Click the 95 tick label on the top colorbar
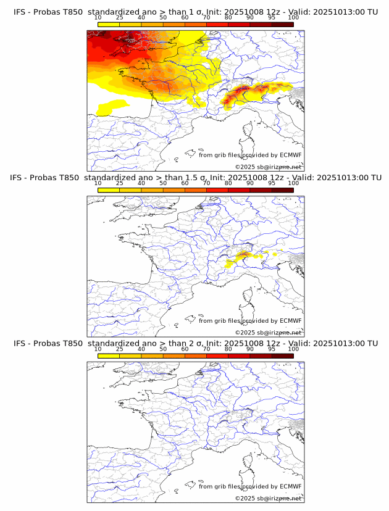272,17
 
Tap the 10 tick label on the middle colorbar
98,183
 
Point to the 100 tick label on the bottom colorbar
293,349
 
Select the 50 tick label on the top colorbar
163,17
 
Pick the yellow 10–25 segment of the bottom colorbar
109,355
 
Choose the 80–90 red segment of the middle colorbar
238,190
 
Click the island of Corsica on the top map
248,131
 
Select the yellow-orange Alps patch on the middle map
242,255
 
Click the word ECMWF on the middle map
290,321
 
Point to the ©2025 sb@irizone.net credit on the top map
268,167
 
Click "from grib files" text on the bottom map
219,486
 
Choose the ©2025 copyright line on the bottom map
268,498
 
